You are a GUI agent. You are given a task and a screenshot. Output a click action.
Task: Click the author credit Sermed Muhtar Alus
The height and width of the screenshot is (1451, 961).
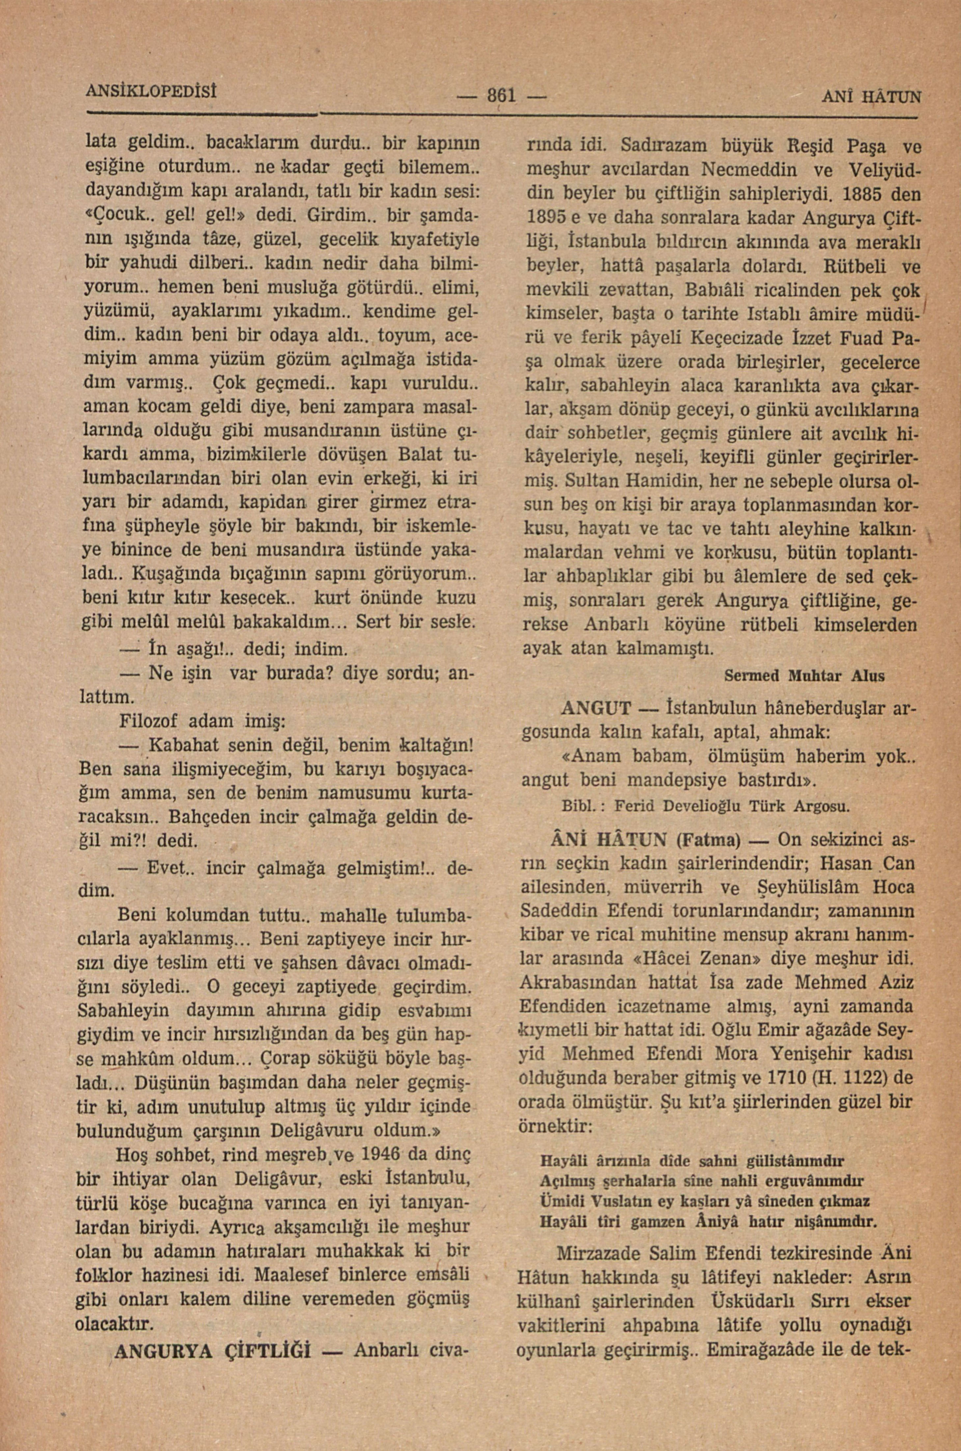pyautogui.click(x=804, y=676)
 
